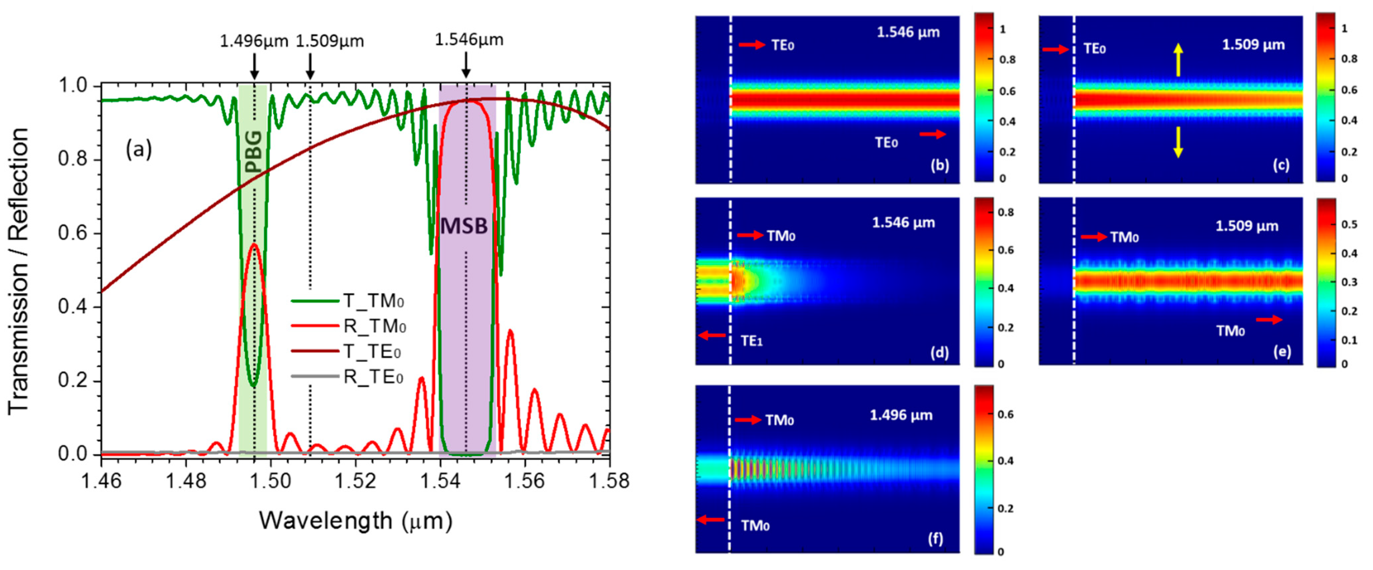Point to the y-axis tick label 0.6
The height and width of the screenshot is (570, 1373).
[73, 234]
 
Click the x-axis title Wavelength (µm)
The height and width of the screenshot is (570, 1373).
[355, 520]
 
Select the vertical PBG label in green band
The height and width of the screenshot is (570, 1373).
[254, 152]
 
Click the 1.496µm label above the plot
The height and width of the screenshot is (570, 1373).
[254, 41]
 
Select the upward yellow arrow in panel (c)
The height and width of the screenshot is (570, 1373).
[1178, 60]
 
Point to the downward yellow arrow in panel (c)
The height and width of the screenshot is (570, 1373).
[1178, 142]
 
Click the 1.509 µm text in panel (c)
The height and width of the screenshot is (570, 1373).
[1253, 45]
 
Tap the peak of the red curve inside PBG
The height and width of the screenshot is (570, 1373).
[255, 244]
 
